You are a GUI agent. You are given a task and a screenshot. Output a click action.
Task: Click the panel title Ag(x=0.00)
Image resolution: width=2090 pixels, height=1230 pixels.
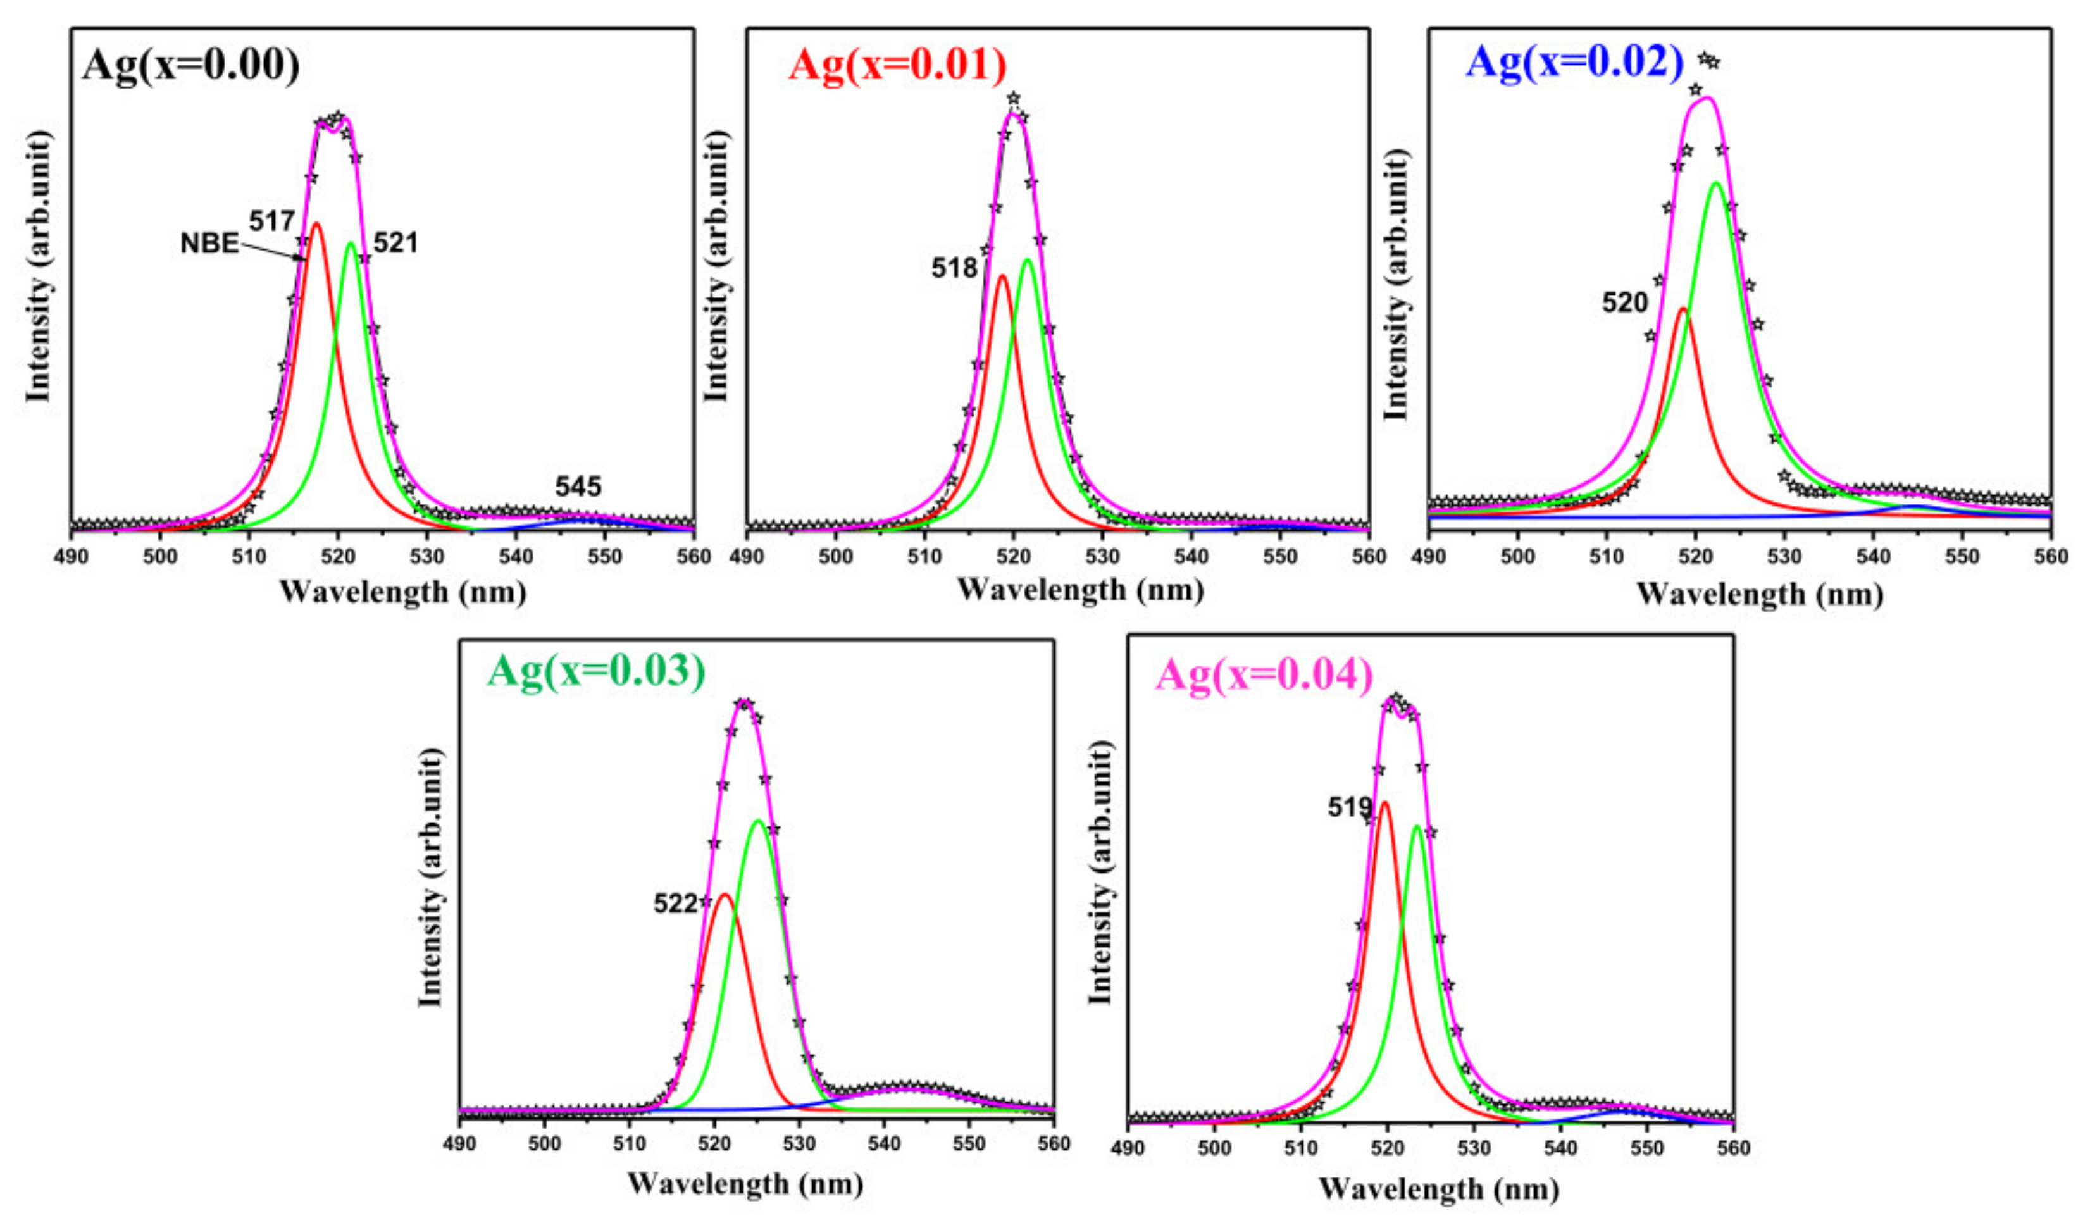point(190,64)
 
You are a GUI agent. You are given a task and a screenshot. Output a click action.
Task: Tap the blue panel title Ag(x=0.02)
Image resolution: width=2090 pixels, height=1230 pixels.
point(1574,61)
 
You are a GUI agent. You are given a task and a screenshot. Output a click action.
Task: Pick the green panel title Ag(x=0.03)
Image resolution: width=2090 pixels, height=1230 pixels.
point(595,670)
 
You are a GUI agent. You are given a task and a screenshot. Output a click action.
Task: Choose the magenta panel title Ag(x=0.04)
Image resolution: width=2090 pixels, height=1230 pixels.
point(1264,675)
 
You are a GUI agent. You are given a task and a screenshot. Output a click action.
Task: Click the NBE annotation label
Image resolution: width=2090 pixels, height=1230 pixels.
point(209,244)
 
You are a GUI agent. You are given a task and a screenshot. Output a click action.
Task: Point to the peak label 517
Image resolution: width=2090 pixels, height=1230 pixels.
point(271,221)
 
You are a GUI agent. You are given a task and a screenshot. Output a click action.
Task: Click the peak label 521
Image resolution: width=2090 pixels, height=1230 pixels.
point(395,243)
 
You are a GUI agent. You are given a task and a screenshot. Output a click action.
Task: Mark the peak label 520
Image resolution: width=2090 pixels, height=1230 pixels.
point(1624,302)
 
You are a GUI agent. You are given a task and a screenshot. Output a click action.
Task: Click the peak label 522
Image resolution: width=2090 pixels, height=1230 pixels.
point(675,904)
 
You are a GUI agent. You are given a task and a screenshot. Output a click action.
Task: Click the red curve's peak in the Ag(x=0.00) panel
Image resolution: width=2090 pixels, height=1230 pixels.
point(316,223)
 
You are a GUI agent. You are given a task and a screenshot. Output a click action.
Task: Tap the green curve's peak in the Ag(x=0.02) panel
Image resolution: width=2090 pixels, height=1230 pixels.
point(1715,183)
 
